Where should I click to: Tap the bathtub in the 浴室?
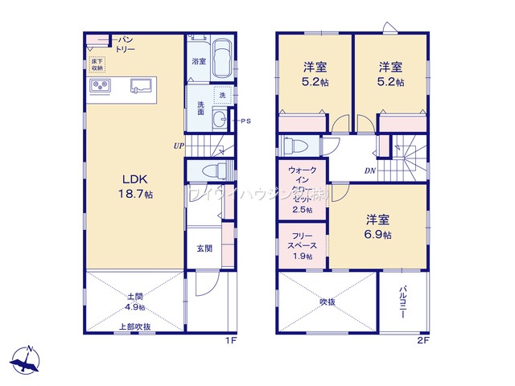pos(221,60)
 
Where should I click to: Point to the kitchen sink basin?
pos(142,85)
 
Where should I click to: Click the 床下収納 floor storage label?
pos(97,64)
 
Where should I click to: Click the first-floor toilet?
pos(211,170)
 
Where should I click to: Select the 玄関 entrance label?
pos(204,248)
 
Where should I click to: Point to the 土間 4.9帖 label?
pos(135,302)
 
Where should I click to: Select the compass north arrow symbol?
pos(30,359)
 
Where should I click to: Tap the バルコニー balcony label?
pos(402,302)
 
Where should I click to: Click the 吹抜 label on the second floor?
pos(327,302)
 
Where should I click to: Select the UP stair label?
pos(178,146)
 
